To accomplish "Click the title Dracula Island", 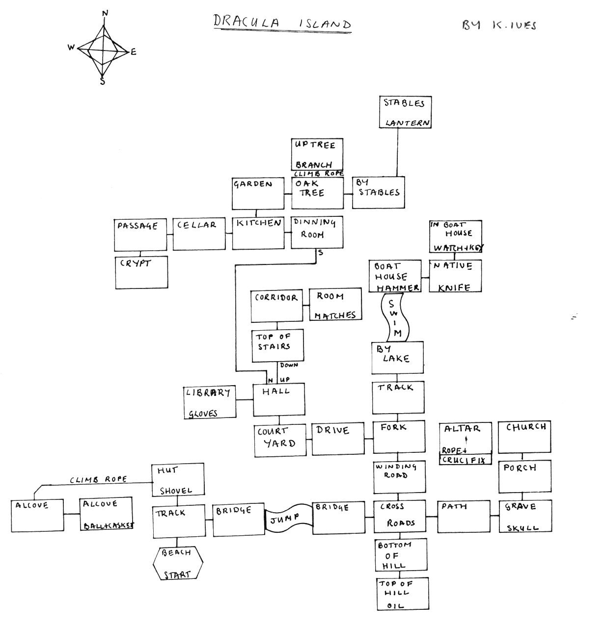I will [282, 23].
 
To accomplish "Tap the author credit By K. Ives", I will [499, 25].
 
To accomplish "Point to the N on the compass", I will [104, 13].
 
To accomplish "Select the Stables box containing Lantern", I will [406, 112].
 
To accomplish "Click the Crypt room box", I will [141, 272].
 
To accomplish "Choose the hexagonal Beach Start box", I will [178, 563].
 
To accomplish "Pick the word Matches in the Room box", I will [335, 315].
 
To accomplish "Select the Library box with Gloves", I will [210, 402].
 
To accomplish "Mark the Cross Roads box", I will [399, 517].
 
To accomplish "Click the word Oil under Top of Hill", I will [395, 606].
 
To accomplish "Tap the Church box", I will [525, 437].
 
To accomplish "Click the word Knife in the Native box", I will [453, 287].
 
